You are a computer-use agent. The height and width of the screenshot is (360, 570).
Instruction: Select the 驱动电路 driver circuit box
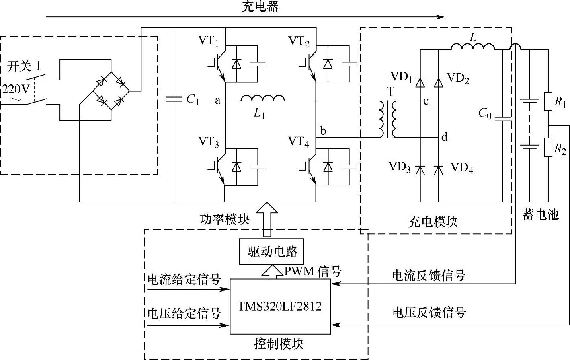pos(271,252)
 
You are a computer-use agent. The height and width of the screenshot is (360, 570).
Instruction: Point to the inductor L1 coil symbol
pos(262,98)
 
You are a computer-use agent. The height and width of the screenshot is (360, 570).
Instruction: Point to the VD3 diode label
pos(400,167)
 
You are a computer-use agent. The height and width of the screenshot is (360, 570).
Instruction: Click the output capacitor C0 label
pos(485,114)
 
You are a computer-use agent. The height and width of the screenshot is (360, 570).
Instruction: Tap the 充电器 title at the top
pos(260,6)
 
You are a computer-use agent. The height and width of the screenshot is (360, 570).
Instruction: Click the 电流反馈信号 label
pos(429,276)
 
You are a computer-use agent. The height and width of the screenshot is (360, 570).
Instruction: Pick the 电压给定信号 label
pos(185,313)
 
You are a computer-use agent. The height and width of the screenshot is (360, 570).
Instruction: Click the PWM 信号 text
pos(313,272)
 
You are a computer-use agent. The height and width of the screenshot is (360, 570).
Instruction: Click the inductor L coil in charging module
pos(473,47)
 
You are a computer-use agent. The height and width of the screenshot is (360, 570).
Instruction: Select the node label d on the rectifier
pos(444,138)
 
